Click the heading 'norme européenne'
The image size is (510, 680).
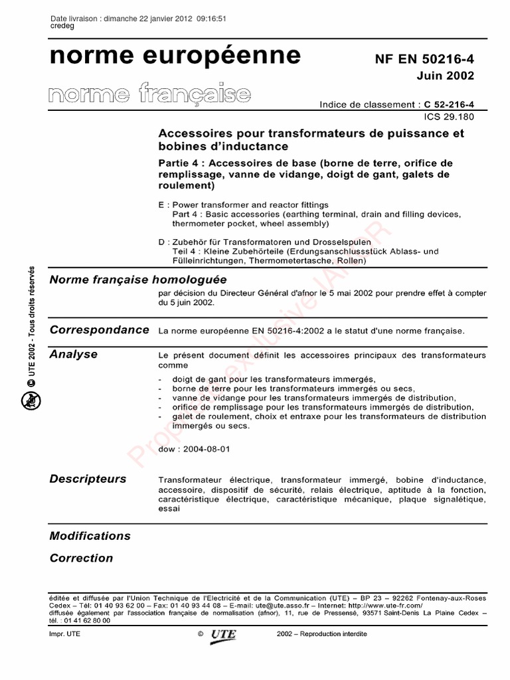[x=175, y=56]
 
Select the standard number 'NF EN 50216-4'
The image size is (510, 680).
[x=425, y=59]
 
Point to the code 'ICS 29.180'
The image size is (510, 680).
[x=450, y=116]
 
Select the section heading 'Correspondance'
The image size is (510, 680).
[x=99, y=330]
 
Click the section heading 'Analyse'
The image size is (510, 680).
[x=73, y=355]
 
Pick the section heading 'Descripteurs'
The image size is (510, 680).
[x=88, y=479]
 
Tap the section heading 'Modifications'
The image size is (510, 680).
[x=90, y=536]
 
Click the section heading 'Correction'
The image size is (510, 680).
[x=81, y=558]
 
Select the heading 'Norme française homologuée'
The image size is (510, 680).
[x=138, y=280]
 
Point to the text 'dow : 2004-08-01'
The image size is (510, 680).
[x=195, y=449]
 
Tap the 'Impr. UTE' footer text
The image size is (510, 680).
[x=64, y=634]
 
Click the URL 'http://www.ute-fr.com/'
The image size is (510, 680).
[x=385, y=606]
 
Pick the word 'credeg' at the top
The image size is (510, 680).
[x=62, y=26]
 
